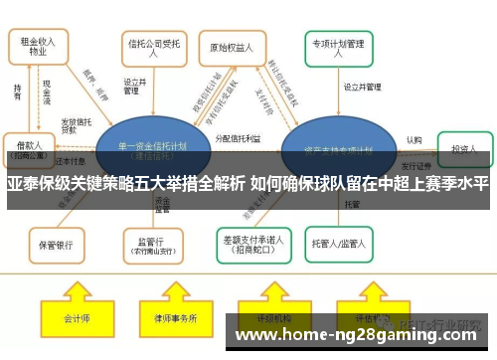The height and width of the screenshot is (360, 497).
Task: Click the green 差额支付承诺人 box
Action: [249, 243]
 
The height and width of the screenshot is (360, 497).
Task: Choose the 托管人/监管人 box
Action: [342, 243]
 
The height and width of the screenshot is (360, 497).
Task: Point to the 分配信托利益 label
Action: [237, 138]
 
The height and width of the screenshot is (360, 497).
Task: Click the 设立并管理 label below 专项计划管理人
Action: [363, 88]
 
